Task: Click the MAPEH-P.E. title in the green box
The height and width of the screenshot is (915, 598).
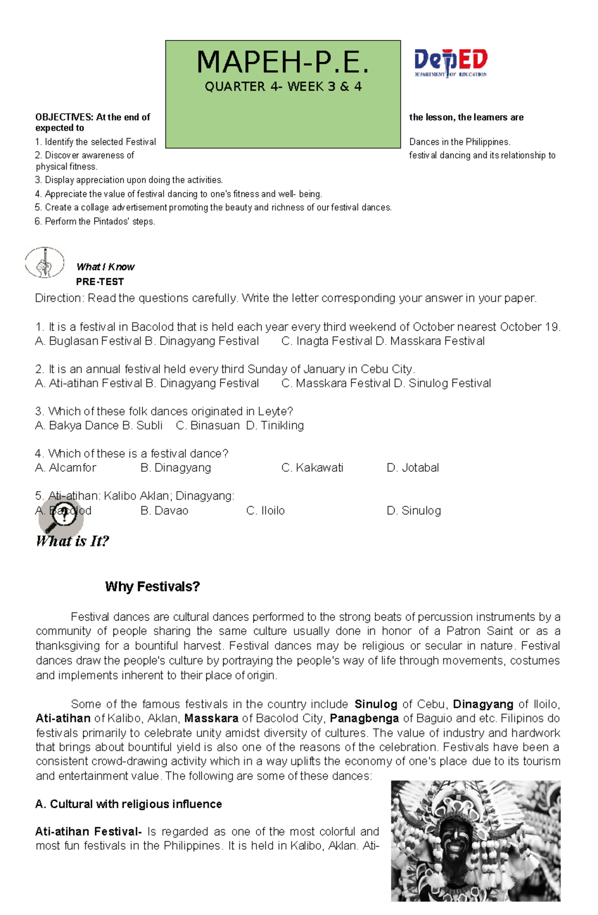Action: (283, 63)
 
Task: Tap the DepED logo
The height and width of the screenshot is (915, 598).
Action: (450, 63)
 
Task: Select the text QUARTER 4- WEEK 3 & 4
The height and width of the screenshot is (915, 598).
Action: (283, 87)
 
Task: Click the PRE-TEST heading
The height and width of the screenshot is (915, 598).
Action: (100, 282)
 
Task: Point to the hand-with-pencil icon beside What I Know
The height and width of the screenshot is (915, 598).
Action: (45, 263)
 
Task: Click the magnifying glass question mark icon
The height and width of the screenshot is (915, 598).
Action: (61, 517)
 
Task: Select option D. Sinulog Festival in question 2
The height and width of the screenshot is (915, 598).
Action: (443, 383)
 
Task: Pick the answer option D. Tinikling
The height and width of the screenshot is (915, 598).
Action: (275, 425)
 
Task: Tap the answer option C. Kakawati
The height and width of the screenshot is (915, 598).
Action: (312, 468)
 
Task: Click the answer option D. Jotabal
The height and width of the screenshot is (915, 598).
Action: (413, 468)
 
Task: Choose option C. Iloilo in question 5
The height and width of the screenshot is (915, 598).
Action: (266, 511)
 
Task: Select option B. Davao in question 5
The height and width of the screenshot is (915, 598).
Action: (164, 511)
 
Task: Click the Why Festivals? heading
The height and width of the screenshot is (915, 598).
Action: (152, 586)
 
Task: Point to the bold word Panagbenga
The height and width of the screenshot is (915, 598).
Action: (364, 719)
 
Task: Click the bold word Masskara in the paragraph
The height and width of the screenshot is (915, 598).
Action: (211, 719)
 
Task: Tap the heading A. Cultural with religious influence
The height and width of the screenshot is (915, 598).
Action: (129, 804)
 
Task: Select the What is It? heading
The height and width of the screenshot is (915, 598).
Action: (73, 542)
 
